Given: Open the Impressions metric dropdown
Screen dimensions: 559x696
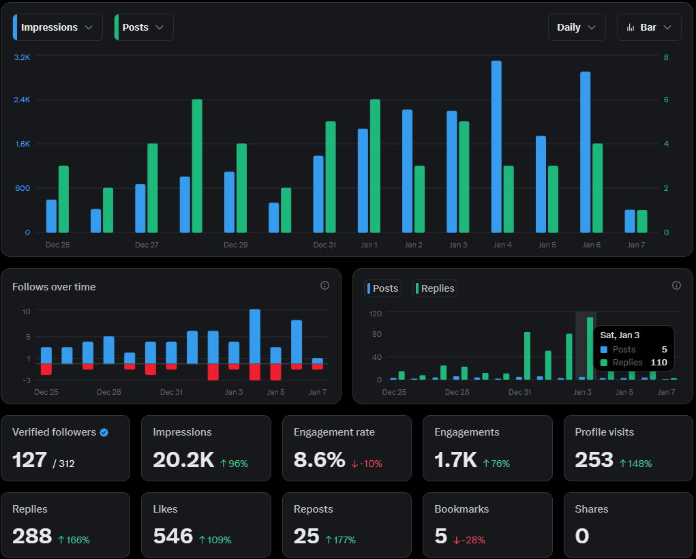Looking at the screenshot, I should tap(58, 27).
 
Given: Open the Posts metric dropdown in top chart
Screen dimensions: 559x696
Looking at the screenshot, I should tap(144, 27).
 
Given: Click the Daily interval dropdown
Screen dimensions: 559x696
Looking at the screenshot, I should tap(576, 27).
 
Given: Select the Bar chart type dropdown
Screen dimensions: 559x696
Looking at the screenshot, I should tap(649, 27).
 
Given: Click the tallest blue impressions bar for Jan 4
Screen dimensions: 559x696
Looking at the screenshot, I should tap(496, 147).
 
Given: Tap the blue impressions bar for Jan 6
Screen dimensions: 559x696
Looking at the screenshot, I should tap(585, 152).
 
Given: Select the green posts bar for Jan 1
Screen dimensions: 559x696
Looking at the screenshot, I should tap(375, 166).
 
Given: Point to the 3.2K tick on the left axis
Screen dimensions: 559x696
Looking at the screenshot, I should tap(22, 57).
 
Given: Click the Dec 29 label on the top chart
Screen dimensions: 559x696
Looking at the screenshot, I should tap(235, 245).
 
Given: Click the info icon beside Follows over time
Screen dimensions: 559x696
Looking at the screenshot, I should tap(324, 286).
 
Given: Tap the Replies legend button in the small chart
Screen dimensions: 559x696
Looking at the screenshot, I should tap(435, 288).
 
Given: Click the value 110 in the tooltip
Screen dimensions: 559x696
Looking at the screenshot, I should tap(658, 363).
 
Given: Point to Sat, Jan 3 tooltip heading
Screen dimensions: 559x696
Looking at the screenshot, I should tap(620, 335).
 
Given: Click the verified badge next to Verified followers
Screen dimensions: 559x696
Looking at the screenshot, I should tap(104, 432).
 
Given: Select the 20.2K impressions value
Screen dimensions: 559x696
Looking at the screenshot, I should tap(183, 460).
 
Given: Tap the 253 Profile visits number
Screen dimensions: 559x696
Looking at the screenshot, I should tap(594, 460).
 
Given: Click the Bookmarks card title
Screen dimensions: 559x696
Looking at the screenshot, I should tap(462, 509).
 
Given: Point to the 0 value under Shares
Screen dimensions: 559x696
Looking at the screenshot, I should tap(581, 537).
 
